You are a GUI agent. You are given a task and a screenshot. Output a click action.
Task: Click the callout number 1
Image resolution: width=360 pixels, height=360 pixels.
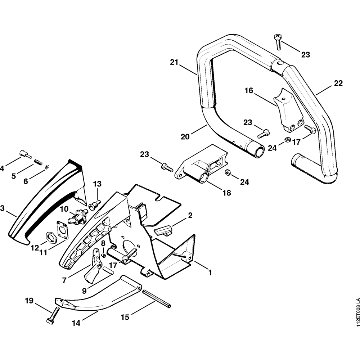tap(209, 273)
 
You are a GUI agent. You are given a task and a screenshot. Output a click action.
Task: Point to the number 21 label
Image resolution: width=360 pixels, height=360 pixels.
tap(174, 62)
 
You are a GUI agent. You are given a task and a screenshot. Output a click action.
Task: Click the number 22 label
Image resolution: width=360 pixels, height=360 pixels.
tap(338, 83)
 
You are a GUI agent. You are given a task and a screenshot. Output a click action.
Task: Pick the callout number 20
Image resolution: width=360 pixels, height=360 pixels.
tap(185, 137)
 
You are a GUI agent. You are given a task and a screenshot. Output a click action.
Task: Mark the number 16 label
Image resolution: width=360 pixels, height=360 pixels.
tap(249, 90)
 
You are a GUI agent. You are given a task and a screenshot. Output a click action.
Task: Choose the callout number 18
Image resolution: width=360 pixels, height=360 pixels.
tap(227, 193)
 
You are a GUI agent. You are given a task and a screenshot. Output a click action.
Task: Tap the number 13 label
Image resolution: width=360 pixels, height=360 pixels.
tap(97, 184)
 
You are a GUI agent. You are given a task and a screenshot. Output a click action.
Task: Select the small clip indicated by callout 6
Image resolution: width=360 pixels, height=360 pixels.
tap(47, 166)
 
